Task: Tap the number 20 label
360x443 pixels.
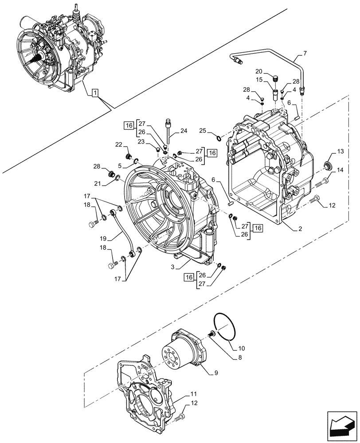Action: click(259, 72)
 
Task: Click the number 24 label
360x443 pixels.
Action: click(184, 131)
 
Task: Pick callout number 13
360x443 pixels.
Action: click(340, 152)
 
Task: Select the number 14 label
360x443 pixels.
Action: click(340, 170)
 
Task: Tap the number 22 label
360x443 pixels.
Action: click(118, 145)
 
